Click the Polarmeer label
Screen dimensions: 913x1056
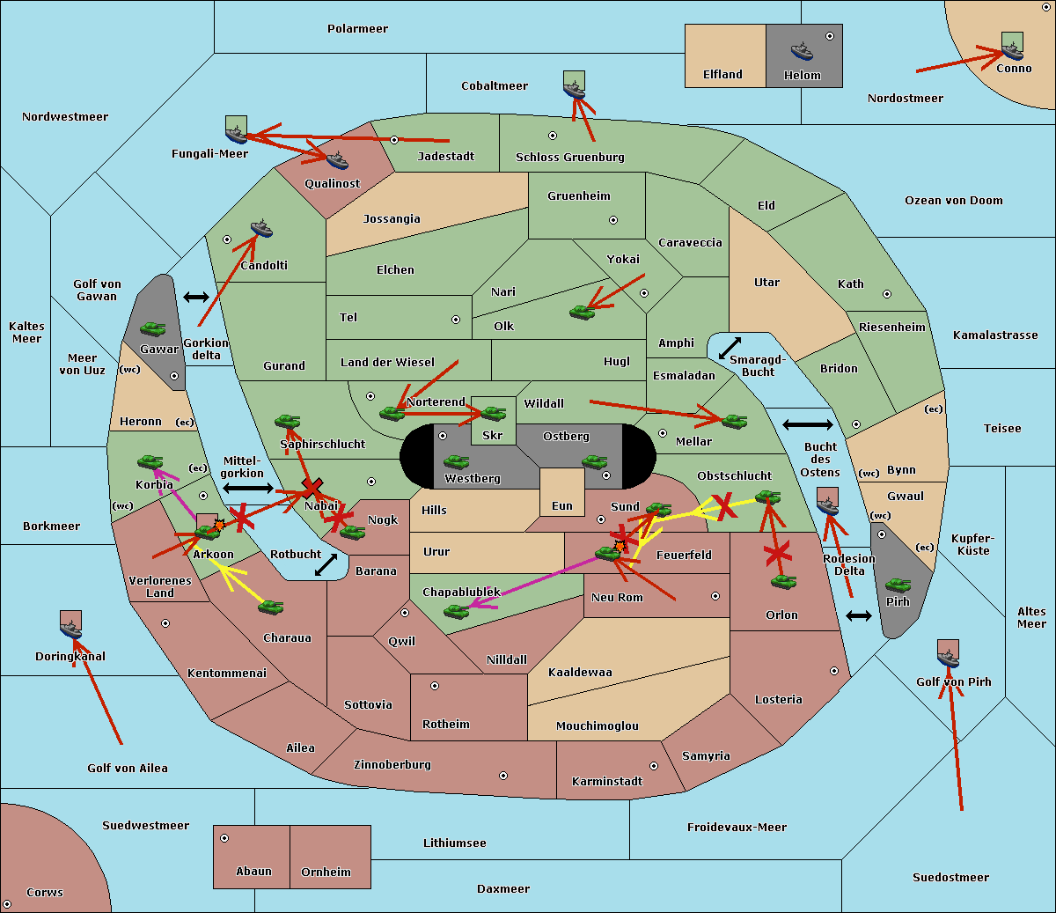coord(357,29)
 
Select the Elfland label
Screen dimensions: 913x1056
coord(722,75)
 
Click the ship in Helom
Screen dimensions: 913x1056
coord(802,50)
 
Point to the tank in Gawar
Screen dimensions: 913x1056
coord(153,330)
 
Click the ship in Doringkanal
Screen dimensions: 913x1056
coord(71,629)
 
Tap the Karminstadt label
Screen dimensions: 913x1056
coord(607,782)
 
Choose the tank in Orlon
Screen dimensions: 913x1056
coord(782,582)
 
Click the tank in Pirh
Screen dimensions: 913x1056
coord(898,585)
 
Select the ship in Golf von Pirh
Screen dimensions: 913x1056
coord(948,658)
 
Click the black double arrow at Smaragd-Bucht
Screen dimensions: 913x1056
coord(730,348)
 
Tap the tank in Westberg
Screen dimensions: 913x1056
coord(456,462)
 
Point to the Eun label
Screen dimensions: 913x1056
coord(562,506)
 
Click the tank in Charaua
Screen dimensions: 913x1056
coord(270,607)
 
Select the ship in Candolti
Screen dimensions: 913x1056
coord(261,230)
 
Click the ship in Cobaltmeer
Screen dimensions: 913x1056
coord(574,89)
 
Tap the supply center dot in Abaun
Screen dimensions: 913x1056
coord(224,838)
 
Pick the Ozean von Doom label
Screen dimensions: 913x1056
coord(954,201)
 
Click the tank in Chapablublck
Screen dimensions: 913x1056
coord(456,610)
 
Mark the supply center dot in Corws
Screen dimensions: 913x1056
coord(8,905)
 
